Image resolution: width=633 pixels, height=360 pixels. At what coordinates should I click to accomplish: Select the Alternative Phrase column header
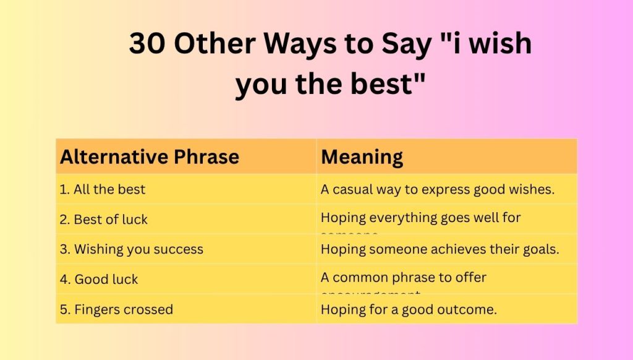[149, 157]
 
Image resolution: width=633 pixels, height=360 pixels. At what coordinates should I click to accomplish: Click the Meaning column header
[362, 157]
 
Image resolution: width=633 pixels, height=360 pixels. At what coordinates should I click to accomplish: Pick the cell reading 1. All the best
[103, 189]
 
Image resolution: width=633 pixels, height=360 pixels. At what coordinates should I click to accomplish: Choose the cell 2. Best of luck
[104, 219]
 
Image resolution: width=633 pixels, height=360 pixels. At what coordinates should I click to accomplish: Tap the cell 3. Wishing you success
[132, 249]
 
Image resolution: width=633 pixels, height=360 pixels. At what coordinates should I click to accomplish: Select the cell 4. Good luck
[99, 279]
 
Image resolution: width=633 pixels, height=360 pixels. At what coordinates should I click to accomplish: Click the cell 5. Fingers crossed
[116, 309]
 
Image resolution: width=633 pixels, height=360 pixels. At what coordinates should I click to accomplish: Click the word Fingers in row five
[96, 309]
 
